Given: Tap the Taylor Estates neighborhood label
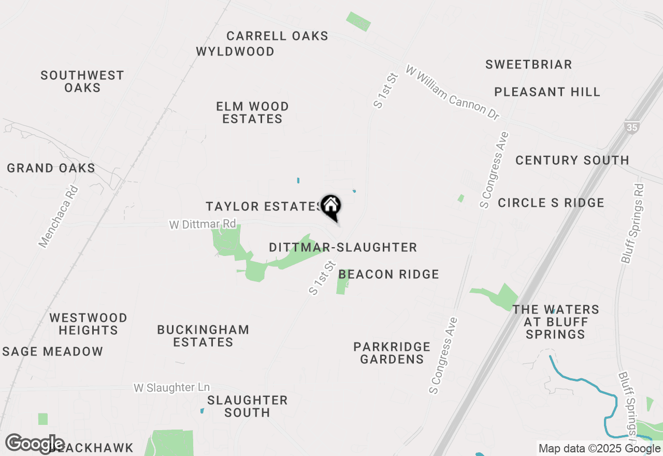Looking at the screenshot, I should tap(263, 206).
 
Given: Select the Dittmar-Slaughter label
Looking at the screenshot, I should tap(343, 248).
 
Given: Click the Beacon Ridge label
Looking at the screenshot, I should tap(388, 274).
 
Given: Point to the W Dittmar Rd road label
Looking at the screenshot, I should tap(203, 224).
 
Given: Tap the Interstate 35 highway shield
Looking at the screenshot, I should tap(632, 127).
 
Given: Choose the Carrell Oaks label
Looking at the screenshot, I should tap(277, 36).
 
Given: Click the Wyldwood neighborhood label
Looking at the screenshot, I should tap(235, 52).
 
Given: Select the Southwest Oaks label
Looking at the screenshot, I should tap(82, 81).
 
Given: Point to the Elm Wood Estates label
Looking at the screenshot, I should tap(252, 112).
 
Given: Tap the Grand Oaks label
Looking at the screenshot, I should tap(51, 168).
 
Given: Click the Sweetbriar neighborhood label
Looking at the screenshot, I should tap(528, 65).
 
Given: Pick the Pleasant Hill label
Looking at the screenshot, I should tap(547, 92).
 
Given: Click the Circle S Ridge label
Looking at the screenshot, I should tap(551, 203).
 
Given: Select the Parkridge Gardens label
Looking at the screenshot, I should tap(392, 353).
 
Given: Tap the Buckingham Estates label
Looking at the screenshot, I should tap(203, 336).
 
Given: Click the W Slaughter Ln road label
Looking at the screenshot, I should tap(171, 388).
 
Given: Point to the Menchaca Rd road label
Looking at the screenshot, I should tap(59, 217).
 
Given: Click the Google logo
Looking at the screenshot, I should tap(35, 444).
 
